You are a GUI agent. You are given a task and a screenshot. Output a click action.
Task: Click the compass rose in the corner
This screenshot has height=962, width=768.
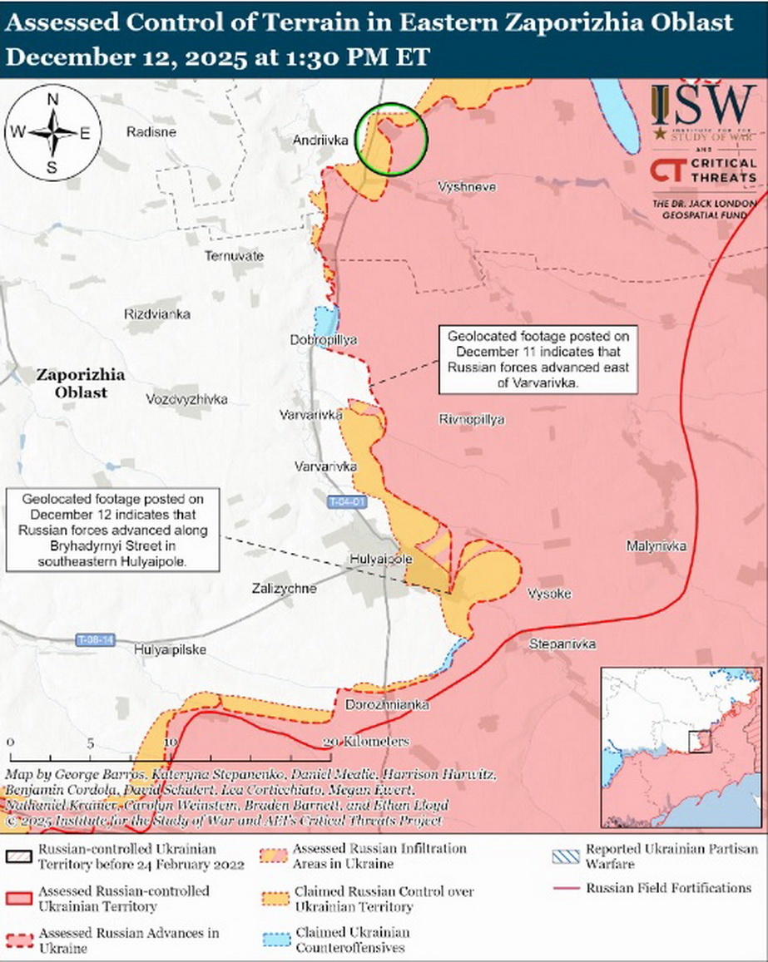pos(52,133)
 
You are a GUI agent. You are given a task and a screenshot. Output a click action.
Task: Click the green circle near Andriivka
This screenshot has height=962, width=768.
pos(391,139)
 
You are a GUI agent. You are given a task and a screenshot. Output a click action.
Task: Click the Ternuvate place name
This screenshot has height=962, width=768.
pos(234,256)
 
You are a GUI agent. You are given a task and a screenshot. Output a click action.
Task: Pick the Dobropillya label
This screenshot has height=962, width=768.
pos(323,340)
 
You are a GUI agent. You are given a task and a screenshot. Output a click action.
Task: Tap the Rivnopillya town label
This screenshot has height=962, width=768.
pos(471,420)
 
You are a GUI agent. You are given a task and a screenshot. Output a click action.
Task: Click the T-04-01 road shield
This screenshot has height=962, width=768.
pos(346,503)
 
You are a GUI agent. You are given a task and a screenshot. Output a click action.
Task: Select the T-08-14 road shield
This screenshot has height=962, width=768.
pos(95,639)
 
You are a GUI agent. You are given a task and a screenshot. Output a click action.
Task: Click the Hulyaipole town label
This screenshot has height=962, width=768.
pos(380,560)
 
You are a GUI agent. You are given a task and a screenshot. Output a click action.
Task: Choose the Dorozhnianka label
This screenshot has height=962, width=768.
pos(388,705)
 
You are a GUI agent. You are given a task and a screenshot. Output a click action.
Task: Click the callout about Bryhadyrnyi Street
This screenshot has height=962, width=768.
pos(112,530)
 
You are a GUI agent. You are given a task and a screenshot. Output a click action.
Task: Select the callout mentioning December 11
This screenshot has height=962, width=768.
pos(538,361)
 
